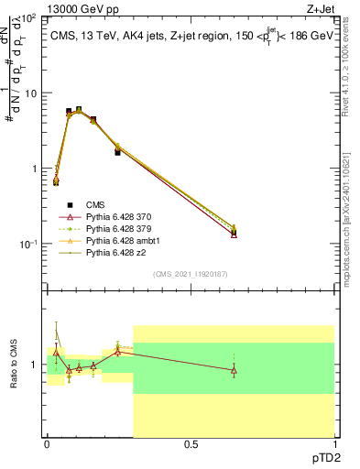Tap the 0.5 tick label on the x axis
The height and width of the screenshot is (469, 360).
pyautogui.click(x=191, y=444)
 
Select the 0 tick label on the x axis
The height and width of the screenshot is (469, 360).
pyautogui.click(x=47, y=444)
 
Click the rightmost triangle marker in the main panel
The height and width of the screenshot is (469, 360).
pyautogui.click(x=234, y=234)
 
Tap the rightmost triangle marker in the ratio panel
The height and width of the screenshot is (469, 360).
pyautogui.click(x=234, y=370)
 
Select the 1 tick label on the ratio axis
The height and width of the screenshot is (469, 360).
pyautogui.click(x=35, y=365)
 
